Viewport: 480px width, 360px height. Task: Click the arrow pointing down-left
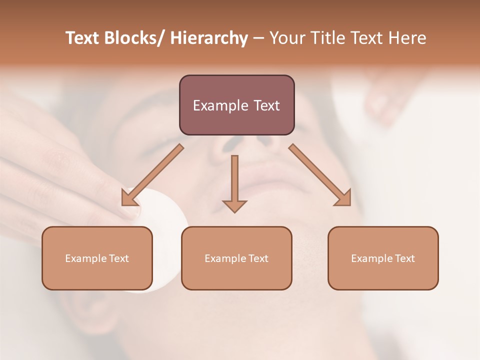(152, 175)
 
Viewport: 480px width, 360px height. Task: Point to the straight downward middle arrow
(234, 180)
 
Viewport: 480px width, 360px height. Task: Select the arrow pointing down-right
(320, 175)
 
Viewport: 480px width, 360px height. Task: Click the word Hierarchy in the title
(209, 38)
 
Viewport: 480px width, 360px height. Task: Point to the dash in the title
(258, 38)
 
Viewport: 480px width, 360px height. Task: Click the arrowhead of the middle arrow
(234, 205)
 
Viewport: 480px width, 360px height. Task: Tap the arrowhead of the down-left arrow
(127, 199)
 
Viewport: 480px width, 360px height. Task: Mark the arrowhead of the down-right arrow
(344, 199)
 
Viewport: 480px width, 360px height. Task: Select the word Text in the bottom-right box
(404, 258)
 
